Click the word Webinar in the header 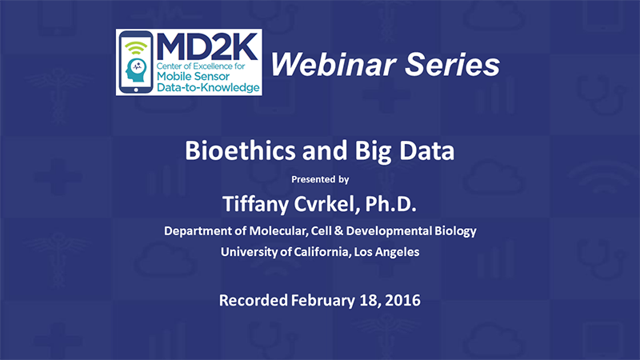tap(333, 65)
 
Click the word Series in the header tap(453, 65)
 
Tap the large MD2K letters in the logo tap(207, 46)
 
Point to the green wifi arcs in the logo tap(136, 48)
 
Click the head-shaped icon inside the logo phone tap(136, 70)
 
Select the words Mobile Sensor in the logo tap(193, 76)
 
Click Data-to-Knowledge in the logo tap(208, 87)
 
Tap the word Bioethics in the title tap(240, 150)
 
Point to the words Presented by tap(320, 179)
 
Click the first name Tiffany tap(255, 204)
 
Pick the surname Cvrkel tap(327, 204)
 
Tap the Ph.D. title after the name tap(390, 204)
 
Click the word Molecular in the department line tap(278, 231)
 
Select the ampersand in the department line tap(338, 231)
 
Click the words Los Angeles tap(386, 252)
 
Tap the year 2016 tap(402, 301)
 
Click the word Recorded tap(254, 301)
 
